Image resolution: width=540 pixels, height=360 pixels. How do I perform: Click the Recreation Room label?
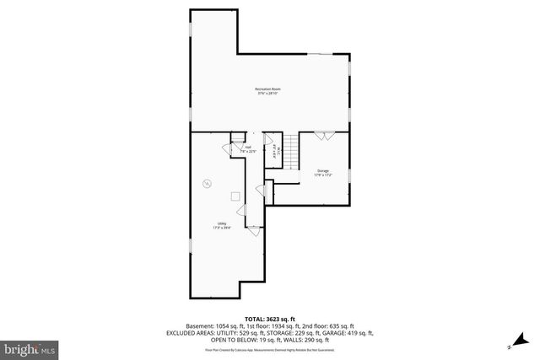[x=267, y=89]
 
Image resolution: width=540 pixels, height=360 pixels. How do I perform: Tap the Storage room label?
[x=323, y=171]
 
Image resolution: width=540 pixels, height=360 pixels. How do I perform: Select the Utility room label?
[x=221, y=223]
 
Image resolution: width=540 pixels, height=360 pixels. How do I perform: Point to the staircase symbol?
[x=290, y=153]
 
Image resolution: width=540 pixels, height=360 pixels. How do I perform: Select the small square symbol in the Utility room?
[x=235, y=196]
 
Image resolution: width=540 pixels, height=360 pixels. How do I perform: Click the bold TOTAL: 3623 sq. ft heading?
[x=270, y=318]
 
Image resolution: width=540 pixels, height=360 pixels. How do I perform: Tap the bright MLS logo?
[x=30, y=347]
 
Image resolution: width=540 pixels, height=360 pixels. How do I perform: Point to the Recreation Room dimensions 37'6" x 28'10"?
[x=267, y=93]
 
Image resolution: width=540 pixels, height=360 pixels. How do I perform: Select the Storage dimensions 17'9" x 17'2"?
[x=323, y=175]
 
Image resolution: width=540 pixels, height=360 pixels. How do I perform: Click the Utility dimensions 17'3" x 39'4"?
[x=221, y=228]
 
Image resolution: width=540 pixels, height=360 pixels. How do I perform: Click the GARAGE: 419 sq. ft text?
[x=334, y=332]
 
